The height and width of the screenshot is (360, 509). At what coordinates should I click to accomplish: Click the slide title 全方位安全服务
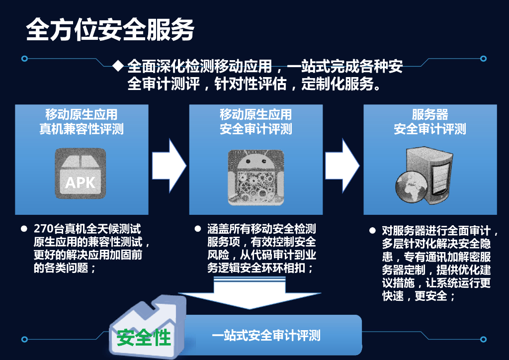click(110, 31)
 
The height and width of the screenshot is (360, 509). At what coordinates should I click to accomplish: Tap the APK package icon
click(80, 174)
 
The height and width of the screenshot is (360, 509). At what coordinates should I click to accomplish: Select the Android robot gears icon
click(255, 177)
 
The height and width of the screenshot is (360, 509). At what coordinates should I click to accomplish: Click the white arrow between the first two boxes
click(169, 162)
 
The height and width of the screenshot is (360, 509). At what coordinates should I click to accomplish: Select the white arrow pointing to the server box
click(342, 162)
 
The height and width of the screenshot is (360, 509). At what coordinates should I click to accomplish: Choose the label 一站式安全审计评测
click(266, 336)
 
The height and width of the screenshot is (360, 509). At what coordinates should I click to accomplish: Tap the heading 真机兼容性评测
click(82, 129)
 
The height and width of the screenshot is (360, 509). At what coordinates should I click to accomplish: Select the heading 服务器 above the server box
click(430, 115)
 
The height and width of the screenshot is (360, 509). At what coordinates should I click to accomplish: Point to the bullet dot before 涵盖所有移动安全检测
click(197, 229)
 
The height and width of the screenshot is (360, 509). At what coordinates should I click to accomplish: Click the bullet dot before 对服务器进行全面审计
click(372, 231)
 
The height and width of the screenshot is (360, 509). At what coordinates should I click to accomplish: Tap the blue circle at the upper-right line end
click(483, 59)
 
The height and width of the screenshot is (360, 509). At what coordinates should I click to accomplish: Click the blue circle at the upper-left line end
click(24, 59)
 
